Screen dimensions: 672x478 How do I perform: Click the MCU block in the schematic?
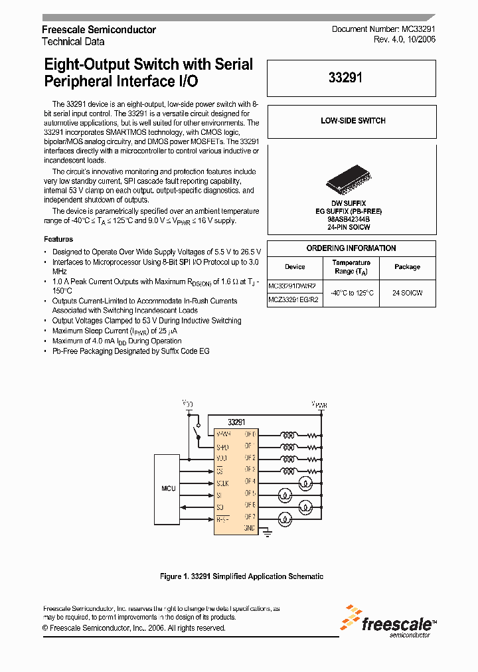tap(169, 488)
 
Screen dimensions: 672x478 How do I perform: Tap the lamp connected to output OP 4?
tap(307, 482)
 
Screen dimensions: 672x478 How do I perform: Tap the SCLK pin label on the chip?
tap(222, 483)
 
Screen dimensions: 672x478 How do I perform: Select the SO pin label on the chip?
tap(219, 506)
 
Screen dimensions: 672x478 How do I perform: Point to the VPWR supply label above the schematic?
tap(319, 404)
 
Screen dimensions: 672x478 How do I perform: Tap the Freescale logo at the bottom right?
tap(388, 622)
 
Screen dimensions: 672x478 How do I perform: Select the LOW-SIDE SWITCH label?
tap(353, 121)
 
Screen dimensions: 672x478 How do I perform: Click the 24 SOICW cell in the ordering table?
tap(407, 292)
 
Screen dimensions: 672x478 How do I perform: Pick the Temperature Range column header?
tap(351, 267)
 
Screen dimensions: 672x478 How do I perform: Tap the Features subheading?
tap(58, 239)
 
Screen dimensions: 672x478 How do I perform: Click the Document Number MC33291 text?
tap(383, 30)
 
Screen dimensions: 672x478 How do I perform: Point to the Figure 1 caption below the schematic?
tap(242, 576)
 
